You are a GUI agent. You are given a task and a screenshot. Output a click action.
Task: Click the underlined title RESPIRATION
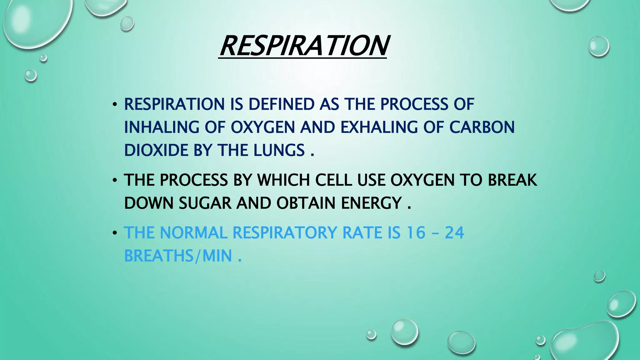point(303,46)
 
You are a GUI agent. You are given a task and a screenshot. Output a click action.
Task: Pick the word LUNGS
point(279,150)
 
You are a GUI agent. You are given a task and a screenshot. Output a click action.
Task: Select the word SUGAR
point(205,203)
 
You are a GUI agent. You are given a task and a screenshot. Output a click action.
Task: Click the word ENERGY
point(371,203)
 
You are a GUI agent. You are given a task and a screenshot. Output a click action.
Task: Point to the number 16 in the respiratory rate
point(416,233)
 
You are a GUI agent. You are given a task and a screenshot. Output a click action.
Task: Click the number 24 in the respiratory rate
point(454,233)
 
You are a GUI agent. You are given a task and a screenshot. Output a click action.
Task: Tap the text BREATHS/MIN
point(178,256)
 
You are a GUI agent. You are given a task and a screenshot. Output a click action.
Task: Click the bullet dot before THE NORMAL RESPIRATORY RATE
point(115,233)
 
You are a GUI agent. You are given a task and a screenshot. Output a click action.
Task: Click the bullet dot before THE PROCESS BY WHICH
point(115,181)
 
